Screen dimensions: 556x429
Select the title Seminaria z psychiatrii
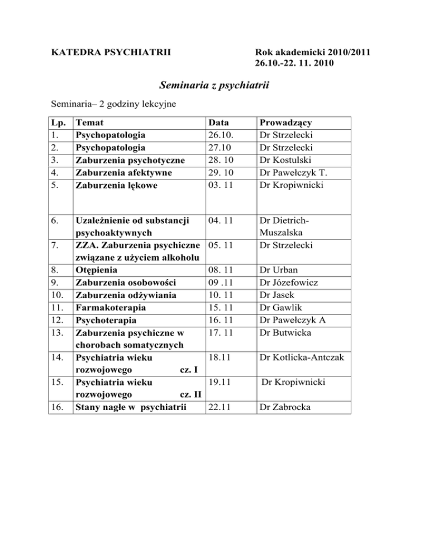(x=214, y=86)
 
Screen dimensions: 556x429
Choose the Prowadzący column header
(x=283, y=123)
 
